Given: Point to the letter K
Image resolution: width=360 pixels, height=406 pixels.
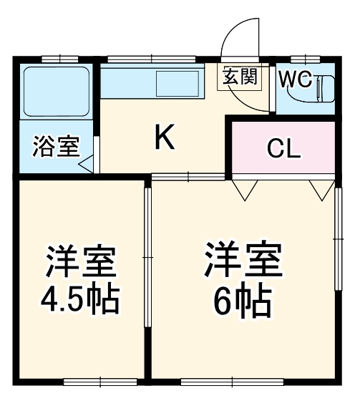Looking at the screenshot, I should [165, 137].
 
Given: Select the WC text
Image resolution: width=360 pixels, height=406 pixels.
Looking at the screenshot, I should [294, 79].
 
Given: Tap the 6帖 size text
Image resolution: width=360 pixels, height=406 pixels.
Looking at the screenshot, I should [243, 301].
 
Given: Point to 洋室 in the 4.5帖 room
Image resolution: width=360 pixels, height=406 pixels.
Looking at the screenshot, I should [79, 263].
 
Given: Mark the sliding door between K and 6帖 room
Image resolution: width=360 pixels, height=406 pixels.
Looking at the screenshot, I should [189, 176].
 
